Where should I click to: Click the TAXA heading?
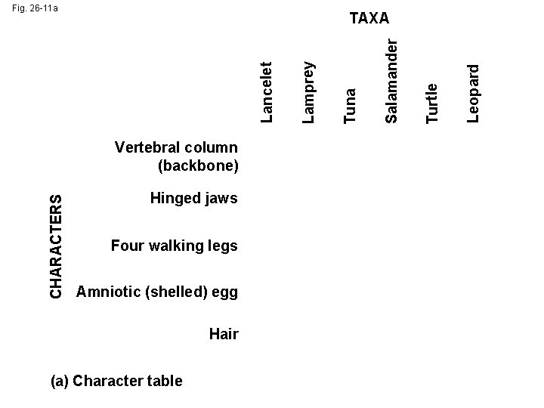[369, 18]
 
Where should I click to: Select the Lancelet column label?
[267, 91]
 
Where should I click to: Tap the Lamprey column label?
[308, 89]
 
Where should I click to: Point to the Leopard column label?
[474, 91]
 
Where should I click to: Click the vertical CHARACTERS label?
[56, 245]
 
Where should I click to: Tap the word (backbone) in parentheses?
[199, 164]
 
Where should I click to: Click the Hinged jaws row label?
[193, 199]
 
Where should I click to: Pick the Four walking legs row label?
[174, 246]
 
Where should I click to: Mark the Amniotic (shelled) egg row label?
[157, 292]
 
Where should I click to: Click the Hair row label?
[224, 333]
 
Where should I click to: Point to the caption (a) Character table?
[116, 380]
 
